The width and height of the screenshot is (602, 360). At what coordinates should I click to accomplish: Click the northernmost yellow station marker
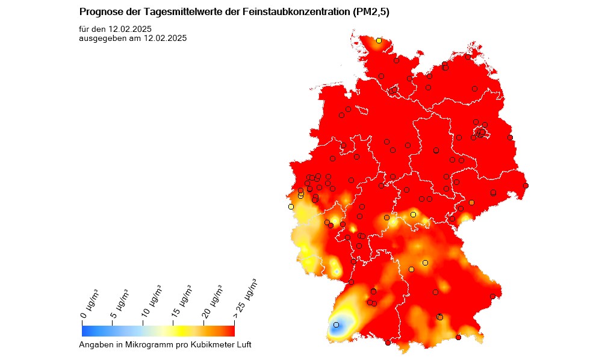point(379,40)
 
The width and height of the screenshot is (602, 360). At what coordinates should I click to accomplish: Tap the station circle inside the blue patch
point(336,325)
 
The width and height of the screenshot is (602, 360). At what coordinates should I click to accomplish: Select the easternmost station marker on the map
point(526,185)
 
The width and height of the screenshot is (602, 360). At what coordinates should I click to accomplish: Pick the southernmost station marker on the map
point(388,343)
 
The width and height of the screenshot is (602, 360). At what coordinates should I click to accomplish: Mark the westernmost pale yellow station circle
point(291,206)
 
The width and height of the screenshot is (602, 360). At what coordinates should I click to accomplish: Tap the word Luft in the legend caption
point(243,345)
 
